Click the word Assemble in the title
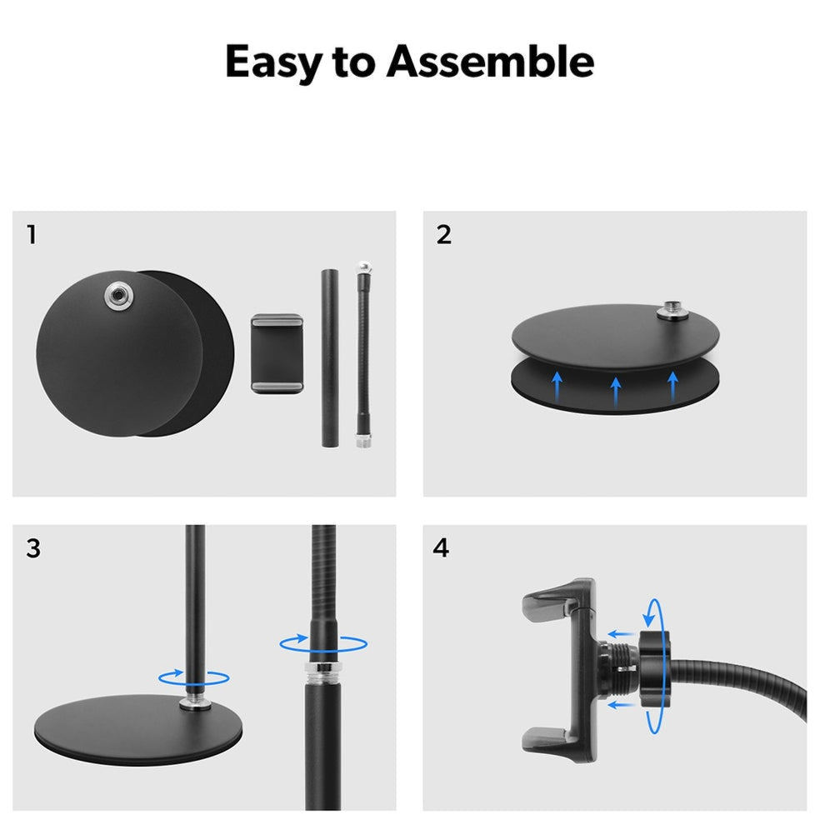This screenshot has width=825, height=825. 490,61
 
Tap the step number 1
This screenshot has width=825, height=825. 32,235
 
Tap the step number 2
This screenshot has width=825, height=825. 443,235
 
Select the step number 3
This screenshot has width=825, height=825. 33,548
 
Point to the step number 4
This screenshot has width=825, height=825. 441,548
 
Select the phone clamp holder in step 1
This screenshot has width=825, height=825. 277,353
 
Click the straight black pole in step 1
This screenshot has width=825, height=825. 331,359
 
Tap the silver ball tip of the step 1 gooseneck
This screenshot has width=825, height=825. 364,267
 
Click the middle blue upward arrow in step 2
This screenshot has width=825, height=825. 616,392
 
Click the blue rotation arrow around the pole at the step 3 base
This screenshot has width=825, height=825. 194,677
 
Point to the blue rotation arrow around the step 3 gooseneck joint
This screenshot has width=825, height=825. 323,643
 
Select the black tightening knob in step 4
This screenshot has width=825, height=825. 654,668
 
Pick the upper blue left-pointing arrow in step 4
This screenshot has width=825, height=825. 621,634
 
